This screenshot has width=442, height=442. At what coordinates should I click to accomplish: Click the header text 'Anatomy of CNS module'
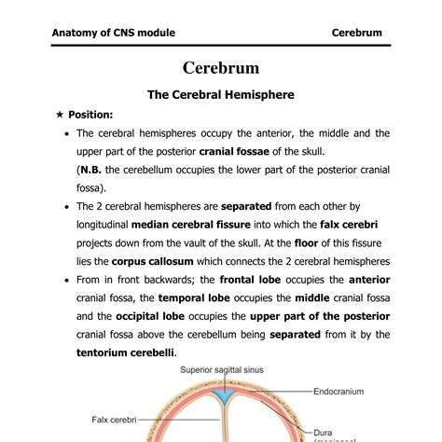point(113,33)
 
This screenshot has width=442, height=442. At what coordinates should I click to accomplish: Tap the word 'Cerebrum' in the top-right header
point(357,33)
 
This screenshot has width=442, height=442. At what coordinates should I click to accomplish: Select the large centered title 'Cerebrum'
point(221,68)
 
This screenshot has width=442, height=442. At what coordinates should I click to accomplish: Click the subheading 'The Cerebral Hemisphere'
point(221,95)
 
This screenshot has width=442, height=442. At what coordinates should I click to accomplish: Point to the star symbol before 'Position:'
point(60,115)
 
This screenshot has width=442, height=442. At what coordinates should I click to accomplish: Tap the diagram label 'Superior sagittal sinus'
point(222,369)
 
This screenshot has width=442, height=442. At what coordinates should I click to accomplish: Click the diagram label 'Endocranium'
point(338,391)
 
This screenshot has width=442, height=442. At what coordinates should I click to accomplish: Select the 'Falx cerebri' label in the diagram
point(115,418)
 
